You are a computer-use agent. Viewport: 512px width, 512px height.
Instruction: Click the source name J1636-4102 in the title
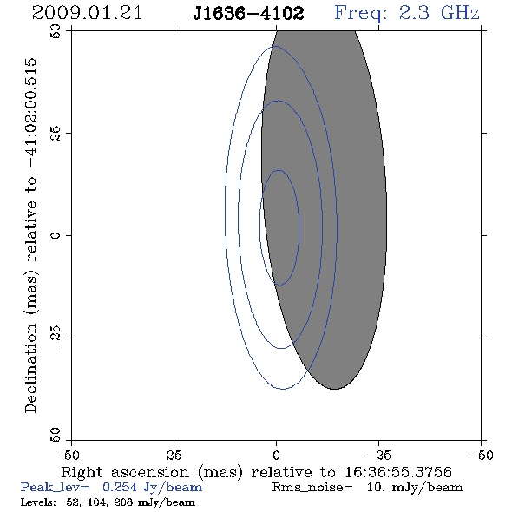click(x=248, y=14)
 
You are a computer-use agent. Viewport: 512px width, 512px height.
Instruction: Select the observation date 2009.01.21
click(x=87, y=13)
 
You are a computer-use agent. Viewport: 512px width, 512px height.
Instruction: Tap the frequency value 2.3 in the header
click(x=414, y=13)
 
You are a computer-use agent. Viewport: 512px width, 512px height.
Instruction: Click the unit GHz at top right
click(x=460, y=13)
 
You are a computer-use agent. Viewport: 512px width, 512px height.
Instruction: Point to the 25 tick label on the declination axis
click(x=56, y=134)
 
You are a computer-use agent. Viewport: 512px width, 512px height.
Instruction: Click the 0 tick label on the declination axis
click(x=56, y=235)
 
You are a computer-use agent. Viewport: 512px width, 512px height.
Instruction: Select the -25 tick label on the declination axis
click(x=56, y=338)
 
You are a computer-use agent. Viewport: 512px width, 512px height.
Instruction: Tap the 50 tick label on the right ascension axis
click(x=71, y=455)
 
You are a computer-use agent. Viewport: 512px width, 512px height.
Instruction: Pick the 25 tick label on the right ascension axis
click(x=174, y=455)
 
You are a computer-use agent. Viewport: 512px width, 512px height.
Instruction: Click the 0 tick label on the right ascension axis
click(x=276, y=455)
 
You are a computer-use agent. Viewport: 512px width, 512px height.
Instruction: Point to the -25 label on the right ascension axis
click(x=378, y=455)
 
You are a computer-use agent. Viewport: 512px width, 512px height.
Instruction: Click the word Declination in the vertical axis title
click(x=30, y=368)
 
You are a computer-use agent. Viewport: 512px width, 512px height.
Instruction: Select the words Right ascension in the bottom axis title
click(x=125, y=472)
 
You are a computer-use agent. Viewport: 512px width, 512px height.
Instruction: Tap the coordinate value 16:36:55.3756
click(x=398, y=472)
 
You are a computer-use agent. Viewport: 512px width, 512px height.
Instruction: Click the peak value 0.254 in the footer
click(x=120, y=487)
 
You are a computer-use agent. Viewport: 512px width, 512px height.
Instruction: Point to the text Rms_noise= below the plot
click(x=312, y=488)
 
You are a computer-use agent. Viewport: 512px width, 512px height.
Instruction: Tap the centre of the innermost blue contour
click(x=279, y=228)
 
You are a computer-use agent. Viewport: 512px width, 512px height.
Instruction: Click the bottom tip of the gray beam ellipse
click(x=334, y=389)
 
